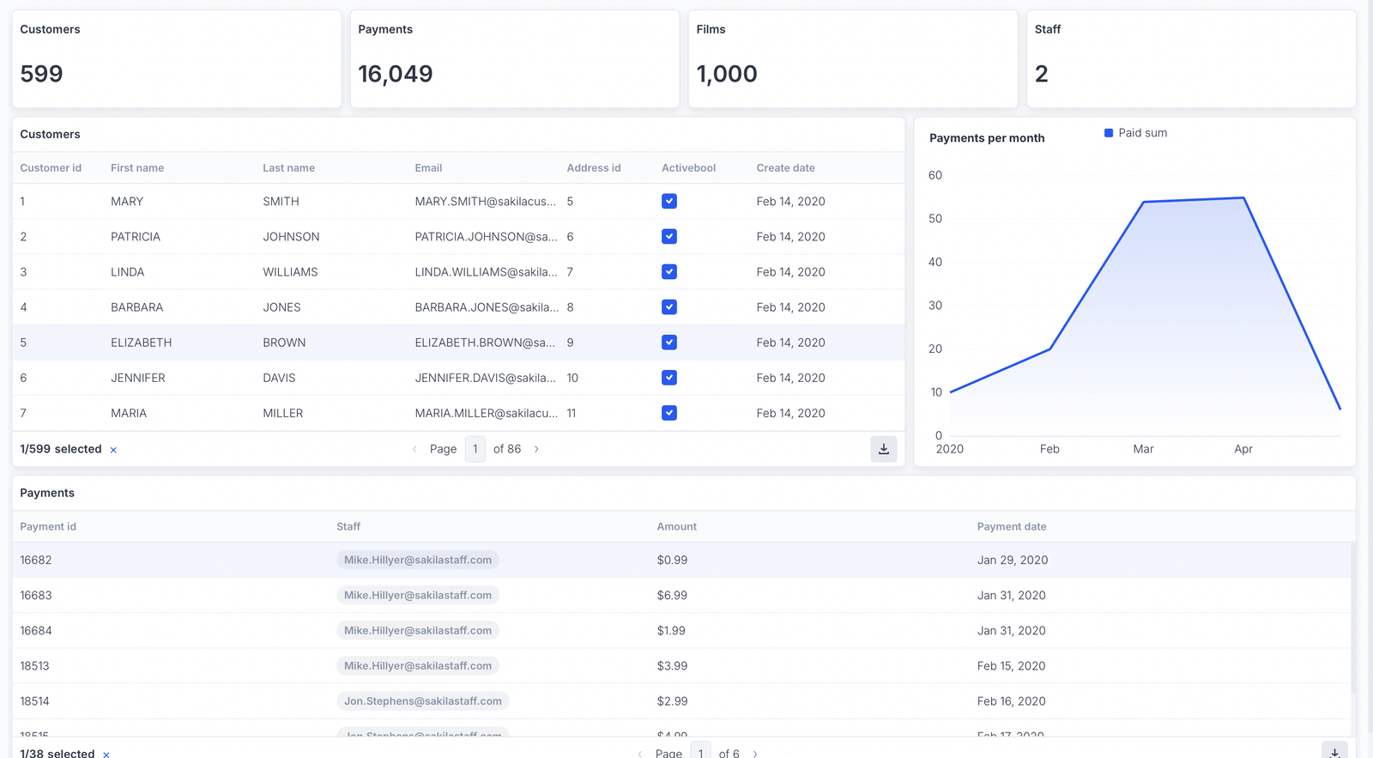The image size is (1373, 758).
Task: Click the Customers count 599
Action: coord(41,74)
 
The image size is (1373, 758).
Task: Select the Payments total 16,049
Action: coord(395,74)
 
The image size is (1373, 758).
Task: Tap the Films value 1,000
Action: coord(726,74)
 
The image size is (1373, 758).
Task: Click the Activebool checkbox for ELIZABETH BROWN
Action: coord(669,343)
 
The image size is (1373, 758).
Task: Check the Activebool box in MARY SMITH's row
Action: coord(669,202)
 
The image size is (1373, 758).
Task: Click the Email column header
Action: coord(428,168)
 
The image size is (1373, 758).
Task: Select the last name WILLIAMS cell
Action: coord(290,272)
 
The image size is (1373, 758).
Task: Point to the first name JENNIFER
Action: coord(137,378)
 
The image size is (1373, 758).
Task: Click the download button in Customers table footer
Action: coord(883,449)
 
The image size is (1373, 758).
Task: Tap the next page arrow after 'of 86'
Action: coord(536,449)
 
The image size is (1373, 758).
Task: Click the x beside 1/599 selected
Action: coord(113,450)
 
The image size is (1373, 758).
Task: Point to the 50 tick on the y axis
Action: coord(934,219)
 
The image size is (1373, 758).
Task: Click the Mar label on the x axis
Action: coord(1143,449)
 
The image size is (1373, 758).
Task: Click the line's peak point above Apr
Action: coord(1243,198)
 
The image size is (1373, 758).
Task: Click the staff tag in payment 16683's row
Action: coord(418,595)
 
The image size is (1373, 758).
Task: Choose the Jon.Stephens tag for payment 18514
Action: coord(422,701)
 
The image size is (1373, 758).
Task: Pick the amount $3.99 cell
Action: coord(672,666)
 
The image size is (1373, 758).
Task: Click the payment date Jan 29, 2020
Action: coord(1012,560)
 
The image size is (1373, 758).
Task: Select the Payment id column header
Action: coord(48,527)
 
